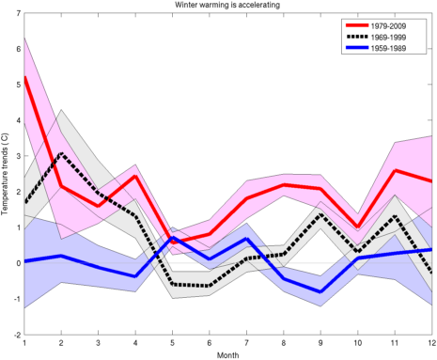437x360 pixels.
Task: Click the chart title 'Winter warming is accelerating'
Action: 227,5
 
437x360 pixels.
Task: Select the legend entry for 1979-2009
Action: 376,26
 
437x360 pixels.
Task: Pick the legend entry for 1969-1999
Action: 376,38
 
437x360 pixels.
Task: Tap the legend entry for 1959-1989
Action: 376,48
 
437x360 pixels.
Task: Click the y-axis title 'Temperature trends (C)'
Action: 5,174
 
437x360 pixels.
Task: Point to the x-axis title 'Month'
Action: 227,355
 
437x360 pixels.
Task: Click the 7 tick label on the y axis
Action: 19,13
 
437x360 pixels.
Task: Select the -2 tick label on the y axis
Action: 17,335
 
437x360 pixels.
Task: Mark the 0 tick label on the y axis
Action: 19,263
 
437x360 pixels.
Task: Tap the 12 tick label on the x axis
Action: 432,343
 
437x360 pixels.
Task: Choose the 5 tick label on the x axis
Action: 172,343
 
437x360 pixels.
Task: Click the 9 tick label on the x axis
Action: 320,343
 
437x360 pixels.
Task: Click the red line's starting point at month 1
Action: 24,77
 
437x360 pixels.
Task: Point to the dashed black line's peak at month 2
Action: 61,153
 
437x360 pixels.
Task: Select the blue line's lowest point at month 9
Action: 320,292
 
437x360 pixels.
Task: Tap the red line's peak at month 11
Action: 395,170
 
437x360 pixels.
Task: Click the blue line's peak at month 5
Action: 172,237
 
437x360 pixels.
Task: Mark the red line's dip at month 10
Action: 358,227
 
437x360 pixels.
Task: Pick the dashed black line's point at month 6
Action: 210,286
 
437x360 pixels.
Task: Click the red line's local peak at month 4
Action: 135,176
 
